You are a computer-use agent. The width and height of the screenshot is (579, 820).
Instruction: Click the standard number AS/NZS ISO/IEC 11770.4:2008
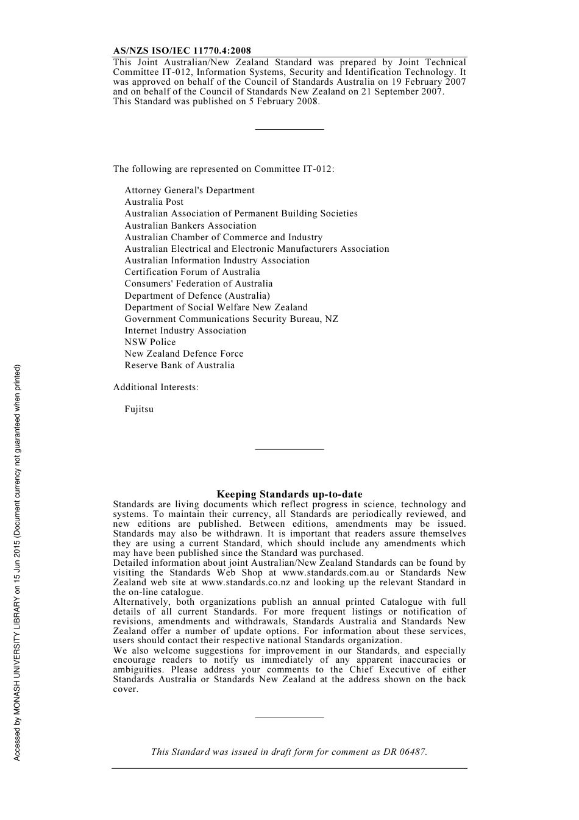182,51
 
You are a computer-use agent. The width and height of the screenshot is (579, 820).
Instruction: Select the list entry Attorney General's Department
190,190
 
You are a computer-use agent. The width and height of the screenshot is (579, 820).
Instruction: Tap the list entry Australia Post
154,202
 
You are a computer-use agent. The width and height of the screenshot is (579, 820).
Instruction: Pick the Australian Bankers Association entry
190,226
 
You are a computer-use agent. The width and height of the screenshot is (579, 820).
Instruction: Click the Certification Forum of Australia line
192,272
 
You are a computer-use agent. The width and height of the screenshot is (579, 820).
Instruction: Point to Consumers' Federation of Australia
199,283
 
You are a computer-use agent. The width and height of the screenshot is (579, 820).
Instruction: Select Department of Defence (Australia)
197,296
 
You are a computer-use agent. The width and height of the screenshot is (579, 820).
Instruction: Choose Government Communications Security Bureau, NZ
231,319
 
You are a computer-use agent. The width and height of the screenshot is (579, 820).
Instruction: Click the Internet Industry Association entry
185,330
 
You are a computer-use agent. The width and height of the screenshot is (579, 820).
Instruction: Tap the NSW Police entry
150,342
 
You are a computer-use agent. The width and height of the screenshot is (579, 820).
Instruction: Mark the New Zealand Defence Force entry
183,354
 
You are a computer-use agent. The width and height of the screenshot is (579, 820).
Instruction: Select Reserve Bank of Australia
179,365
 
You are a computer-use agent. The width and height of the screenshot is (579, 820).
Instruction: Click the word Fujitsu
139,409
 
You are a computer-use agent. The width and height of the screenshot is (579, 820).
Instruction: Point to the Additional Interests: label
155,387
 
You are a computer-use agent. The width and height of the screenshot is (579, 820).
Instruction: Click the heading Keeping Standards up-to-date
289,494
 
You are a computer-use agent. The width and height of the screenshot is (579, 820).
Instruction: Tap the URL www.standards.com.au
330,572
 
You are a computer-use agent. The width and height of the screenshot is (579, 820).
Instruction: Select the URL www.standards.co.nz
246,582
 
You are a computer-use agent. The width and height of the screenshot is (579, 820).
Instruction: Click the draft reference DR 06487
405,752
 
